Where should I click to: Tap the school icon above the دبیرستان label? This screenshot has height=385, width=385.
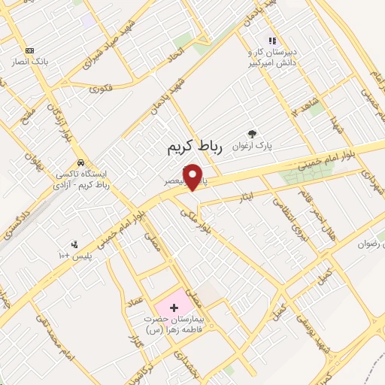click(x=272, y=41)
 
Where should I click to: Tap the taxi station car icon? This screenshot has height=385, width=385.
click(x=80, y=162)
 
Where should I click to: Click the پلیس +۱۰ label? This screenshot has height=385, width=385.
click(x=75, y=256)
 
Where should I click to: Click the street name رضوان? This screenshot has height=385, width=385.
click(x=370, y=244)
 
